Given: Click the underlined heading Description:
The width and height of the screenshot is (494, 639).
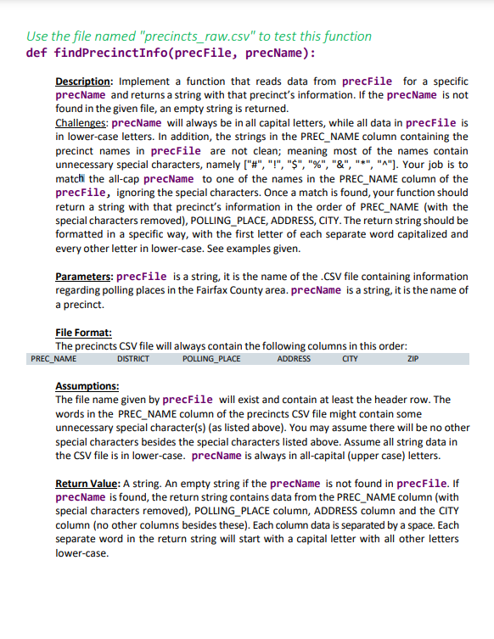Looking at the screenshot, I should [x=87, y=81].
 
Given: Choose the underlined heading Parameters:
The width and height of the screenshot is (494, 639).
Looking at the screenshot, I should [x=84, y=277].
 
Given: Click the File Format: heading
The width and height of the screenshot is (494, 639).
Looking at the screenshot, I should [x=83, y=334].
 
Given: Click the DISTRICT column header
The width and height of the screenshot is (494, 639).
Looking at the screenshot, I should [x=132, y=359].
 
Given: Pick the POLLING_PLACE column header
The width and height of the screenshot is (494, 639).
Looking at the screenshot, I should [x=211, y=359].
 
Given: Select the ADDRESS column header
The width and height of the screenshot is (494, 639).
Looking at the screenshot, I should [x=294, y=359].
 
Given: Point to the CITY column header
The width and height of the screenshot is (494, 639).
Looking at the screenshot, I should [x=350, y=359].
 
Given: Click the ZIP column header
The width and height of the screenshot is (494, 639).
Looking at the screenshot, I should [x=413, y=359].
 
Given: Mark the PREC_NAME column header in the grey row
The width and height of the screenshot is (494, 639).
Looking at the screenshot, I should [x=48, y=359].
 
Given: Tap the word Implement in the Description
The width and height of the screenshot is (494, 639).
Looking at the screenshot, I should [x=157, y=81].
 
